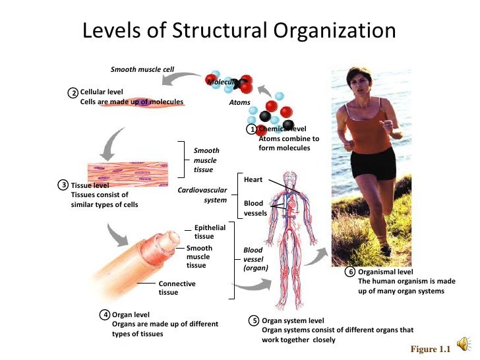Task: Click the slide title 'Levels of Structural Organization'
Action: (239, 31)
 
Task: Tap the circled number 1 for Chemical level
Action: (251, 129)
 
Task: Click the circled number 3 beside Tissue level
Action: (63, 185)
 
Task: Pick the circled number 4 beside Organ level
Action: (105, 315)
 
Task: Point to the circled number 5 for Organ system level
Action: (254, 320)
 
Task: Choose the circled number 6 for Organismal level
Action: (351, 272)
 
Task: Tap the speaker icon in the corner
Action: (464, 344)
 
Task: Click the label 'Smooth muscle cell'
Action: (142, 69)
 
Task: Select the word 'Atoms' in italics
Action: (239, 102)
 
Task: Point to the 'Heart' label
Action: (253, 179)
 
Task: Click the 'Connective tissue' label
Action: (177, 287)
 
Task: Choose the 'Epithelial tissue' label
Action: (210, 231)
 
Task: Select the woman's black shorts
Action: (373, 162)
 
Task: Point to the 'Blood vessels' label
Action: (255, 208)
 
